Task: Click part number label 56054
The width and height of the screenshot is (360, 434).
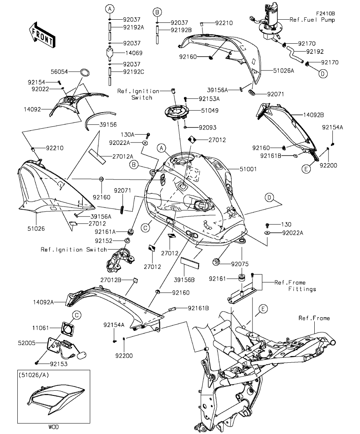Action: tap(59, 72)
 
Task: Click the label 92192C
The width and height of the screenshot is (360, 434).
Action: tap(134, 72)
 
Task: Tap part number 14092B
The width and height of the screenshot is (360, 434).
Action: tap(314, 115)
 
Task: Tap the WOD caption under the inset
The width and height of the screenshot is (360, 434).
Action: tap(52, 426)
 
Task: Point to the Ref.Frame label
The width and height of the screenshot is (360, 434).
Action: tap(314, 318)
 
